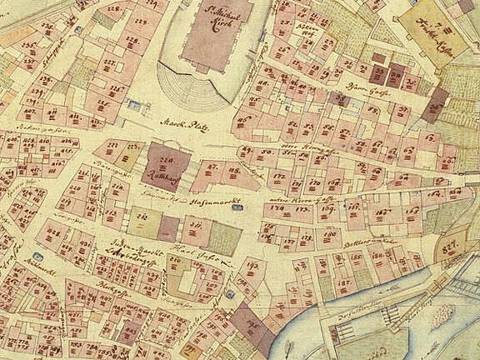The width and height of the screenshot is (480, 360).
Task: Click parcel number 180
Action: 329,236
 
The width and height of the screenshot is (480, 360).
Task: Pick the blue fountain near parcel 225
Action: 134,104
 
